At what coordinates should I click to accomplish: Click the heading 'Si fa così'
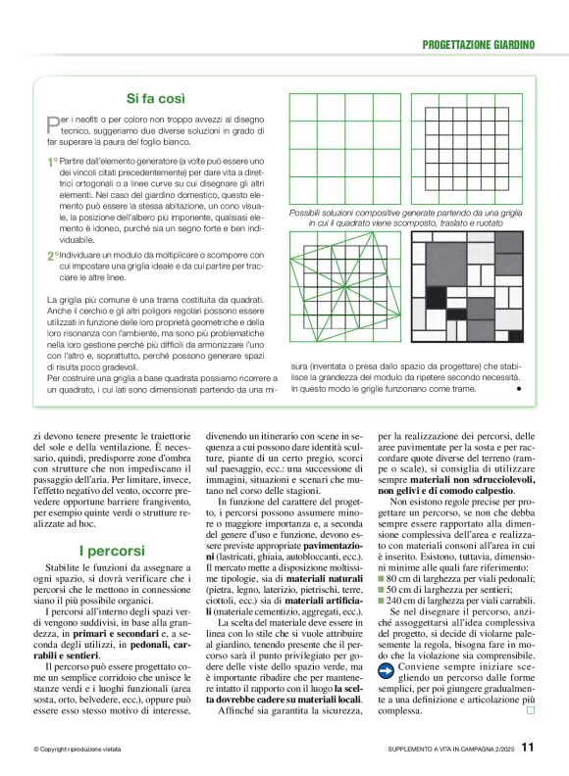click(165, 98)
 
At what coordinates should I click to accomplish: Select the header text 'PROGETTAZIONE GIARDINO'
click(478, 45)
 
